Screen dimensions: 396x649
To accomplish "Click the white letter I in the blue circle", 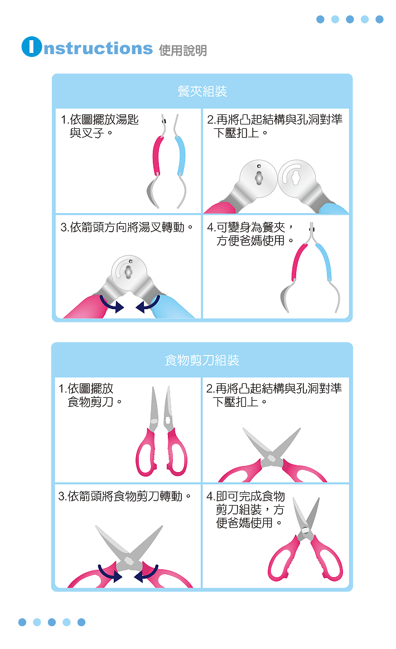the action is tap(32, 47).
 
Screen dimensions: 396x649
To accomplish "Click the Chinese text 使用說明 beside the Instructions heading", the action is tap(183, 50).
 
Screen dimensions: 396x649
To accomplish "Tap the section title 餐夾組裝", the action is tap(202, 91).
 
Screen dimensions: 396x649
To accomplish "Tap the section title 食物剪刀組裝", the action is tap(202, 360).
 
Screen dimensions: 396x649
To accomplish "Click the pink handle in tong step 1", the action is tap(158, 156).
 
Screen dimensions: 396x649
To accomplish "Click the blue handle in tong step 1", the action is tap(180, 156).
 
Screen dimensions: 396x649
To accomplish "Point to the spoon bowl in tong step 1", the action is tap(153, 193).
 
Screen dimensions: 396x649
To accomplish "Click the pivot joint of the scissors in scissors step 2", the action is tap(272, 458).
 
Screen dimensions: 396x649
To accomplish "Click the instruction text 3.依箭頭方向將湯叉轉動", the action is tap(127, 227).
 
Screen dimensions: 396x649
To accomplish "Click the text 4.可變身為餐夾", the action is tap(250, 227).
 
